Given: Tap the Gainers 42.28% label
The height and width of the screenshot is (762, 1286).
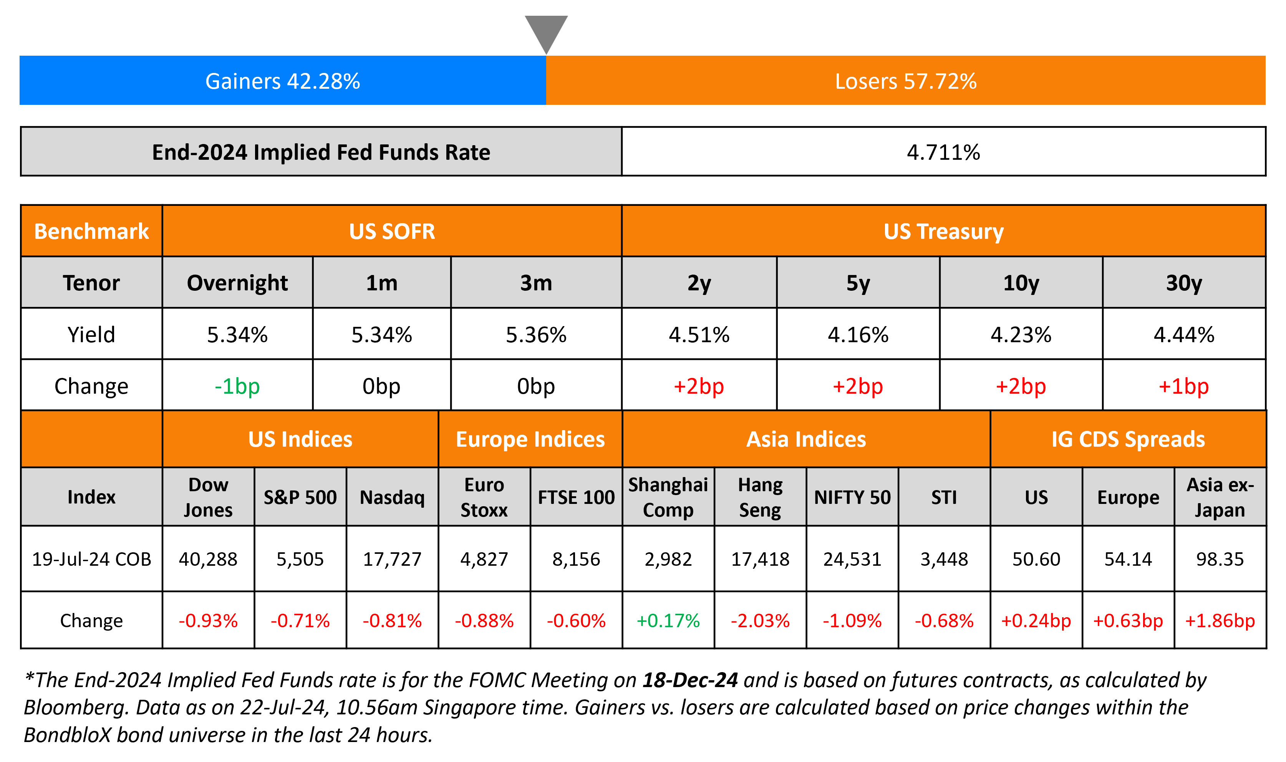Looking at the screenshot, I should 283,81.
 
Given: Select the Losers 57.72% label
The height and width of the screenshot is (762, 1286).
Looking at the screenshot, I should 906,81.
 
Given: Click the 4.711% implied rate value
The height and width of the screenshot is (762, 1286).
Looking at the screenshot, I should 943,152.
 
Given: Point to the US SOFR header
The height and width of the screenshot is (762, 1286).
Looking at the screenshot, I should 392,232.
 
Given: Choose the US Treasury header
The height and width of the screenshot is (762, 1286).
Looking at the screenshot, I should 943,232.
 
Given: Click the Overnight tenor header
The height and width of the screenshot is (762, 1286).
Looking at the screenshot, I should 237,283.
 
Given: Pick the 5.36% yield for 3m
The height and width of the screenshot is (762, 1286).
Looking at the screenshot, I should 536,335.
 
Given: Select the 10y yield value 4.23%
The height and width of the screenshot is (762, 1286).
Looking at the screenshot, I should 1021,335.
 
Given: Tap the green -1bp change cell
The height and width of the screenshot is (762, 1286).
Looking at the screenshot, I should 237,386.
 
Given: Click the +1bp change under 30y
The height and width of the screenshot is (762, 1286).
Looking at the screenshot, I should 1183,386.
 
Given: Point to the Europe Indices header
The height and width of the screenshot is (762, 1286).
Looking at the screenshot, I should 530,439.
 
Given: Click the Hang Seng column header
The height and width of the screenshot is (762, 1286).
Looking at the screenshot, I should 760,497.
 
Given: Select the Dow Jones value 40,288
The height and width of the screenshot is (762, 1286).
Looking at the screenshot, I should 208,559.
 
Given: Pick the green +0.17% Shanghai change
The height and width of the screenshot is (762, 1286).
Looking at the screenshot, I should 668,621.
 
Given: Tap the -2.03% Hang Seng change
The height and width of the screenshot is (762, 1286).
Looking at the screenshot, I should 760,621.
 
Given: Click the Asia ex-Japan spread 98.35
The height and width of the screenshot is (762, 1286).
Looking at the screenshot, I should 1220,559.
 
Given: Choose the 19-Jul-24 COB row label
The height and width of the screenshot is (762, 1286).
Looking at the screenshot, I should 91,559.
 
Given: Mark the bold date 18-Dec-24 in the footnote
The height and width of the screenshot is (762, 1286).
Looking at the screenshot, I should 690,680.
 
